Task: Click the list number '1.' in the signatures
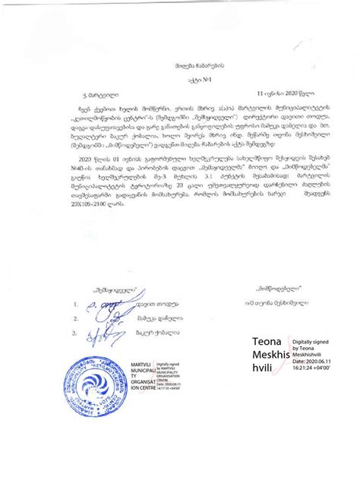tap(76, 305)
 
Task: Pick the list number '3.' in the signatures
tap(76, 333)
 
